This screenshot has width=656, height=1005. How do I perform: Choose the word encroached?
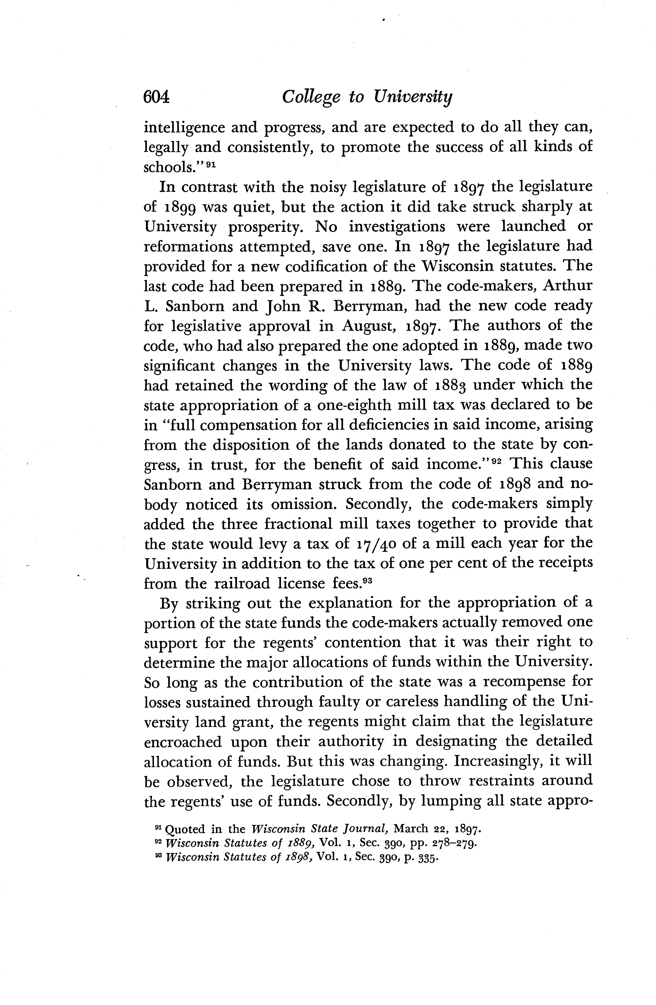coord(183,742)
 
